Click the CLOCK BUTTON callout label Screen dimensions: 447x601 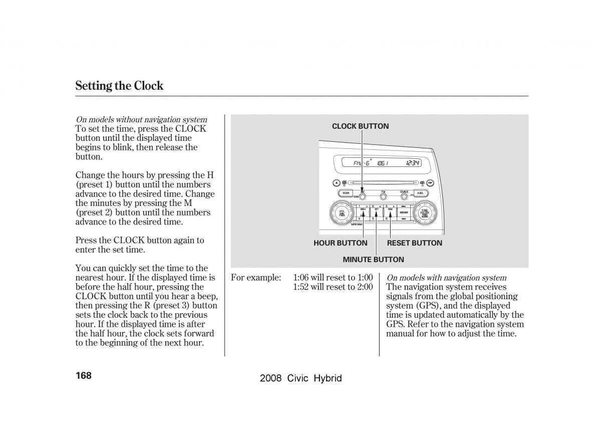click(360, 126)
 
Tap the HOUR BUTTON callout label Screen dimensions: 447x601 click(340, 243)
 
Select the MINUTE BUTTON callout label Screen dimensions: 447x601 click(373, 260)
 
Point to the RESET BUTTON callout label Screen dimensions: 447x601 click(414, 243)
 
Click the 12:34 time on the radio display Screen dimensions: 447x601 click(413, 163)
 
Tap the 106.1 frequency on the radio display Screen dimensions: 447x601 click(382, 163)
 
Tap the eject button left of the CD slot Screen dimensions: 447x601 click(336, 183)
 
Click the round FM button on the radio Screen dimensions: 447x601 click(383, 196)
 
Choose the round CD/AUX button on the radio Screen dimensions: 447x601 click(404, 196)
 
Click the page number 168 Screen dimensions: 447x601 click(83, 375)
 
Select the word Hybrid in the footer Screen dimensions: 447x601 click(328, 379)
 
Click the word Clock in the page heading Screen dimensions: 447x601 click(149, 86)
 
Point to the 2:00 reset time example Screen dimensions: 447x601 click(365, 287)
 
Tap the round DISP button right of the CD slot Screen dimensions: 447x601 click(430, 183)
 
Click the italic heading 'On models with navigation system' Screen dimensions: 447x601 click(446, 278)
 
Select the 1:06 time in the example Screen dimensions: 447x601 click(301, 278)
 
